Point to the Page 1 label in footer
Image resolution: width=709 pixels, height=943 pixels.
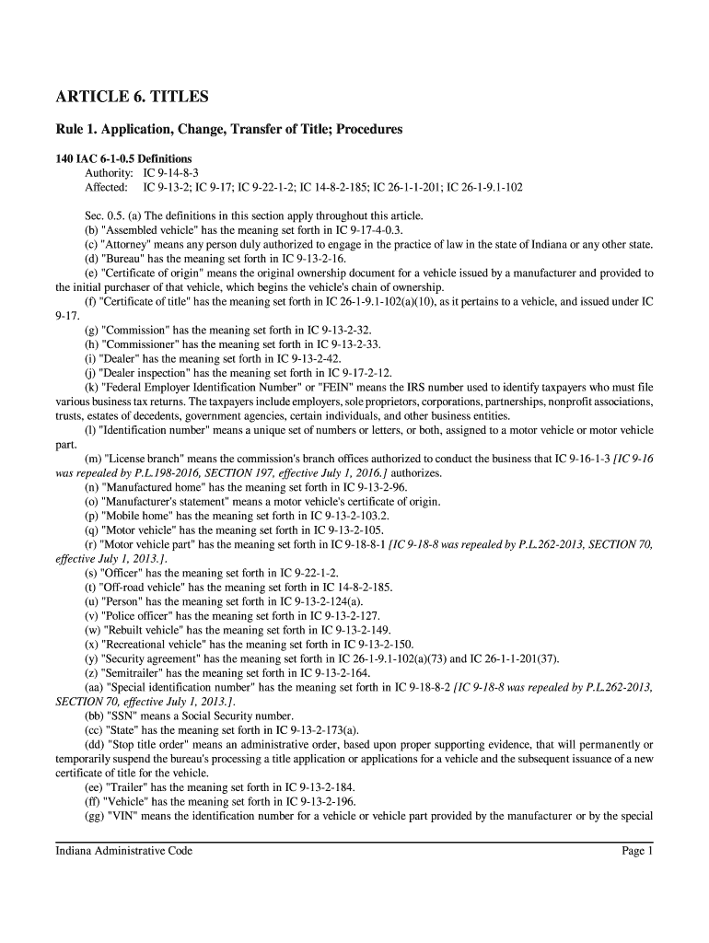(637, 851)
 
